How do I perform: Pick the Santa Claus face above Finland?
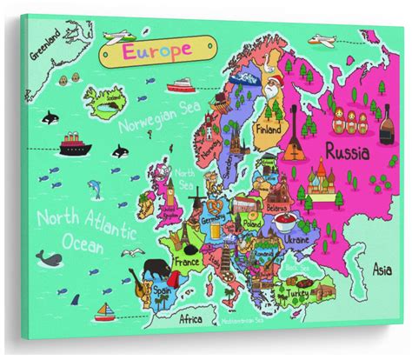click(x=276, y=90)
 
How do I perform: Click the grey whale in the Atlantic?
click(x=48, y=257)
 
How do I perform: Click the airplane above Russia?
click(x=323, y=40)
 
